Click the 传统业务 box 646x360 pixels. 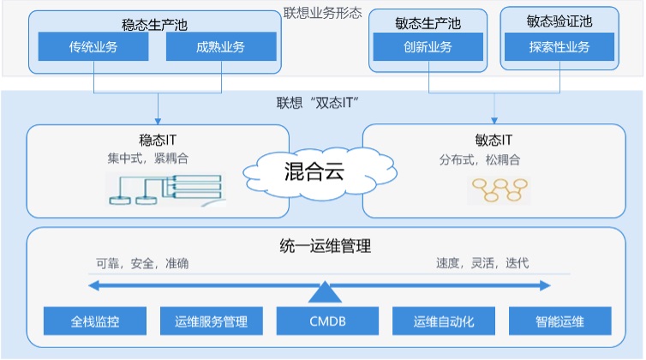(x=93, y=47)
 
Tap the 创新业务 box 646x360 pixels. (x=428, y=47)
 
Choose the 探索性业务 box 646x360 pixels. (x=559, y=47)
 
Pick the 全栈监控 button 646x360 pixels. (x=95, y=322)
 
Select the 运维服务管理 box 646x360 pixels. (x=212, y=322)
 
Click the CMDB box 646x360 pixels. (x=326, y=322)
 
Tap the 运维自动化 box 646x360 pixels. (x=443, y=322)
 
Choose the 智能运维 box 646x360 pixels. (x=559, y=322)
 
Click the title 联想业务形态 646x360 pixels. (x=323, y=13)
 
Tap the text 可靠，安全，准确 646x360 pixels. (x=141, y=263)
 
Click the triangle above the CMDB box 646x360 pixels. (x=326, y=293)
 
